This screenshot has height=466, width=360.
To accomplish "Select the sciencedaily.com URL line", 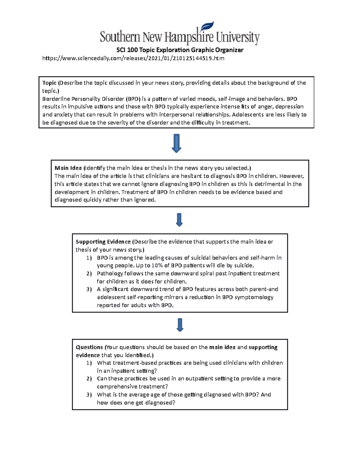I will (133, 58).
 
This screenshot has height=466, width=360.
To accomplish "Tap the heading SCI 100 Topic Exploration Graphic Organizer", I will (180, 50).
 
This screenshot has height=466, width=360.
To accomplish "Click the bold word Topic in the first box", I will (49, 83).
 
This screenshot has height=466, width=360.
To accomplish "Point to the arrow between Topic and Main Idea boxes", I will (176, 143).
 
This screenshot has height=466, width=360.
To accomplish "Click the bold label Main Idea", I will (68, 168).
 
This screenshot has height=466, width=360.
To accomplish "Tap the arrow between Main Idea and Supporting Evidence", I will (179, 220).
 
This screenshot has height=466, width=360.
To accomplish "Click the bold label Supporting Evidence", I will (103, 242).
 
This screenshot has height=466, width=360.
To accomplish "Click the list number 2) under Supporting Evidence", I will (89, 274).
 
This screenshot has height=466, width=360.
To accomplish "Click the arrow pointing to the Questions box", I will (180, 325).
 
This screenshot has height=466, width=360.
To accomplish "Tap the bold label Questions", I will (89, 347).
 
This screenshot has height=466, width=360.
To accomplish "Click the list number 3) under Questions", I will (89, 395).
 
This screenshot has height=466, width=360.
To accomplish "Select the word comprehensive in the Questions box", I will (117, 387).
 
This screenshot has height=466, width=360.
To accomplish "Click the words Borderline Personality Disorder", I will (83, 99).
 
